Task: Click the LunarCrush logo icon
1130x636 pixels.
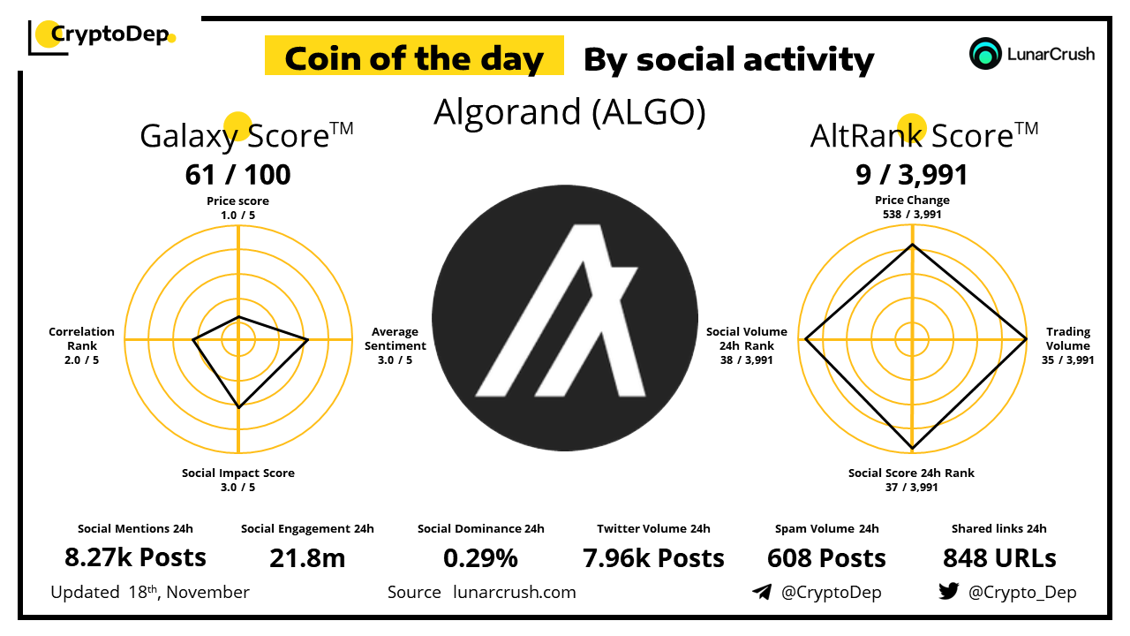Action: pos(984,54)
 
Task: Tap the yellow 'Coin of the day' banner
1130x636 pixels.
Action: pos(414,56)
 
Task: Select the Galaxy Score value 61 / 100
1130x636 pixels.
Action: pos(238,175)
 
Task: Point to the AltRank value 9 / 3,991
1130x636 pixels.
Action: pos(912,175)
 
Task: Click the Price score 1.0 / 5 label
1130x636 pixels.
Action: pos(238,208)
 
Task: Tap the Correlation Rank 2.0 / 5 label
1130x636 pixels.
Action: pos(82,345)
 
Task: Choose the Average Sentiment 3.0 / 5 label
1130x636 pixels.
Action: pos(395,345)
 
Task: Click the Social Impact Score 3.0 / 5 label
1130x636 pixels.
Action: pos(238,480)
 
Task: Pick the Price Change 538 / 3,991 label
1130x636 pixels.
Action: pos(912,207)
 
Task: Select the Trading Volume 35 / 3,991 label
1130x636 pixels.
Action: pos(1068,345)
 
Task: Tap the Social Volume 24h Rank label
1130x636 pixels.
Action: pos(747,345)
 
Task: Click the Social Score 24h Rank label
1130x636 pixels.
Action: pos(912,480)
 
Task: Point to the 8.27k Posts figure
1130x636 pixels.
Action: pos(135,557)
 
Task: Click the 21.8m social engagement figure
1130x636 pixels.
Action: pos(307,558)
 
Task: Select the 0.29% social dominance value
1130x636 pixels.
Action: pos(481,558)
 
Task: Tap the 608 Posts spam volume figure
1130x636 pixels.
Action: pos(827,558)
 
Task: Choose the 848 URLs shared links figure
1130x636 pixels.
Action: pos(999,558)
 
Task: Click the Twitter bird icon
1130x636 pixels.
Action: pos(949,591)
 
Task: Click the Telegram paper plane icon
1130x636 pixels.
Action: pos(762,592)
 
